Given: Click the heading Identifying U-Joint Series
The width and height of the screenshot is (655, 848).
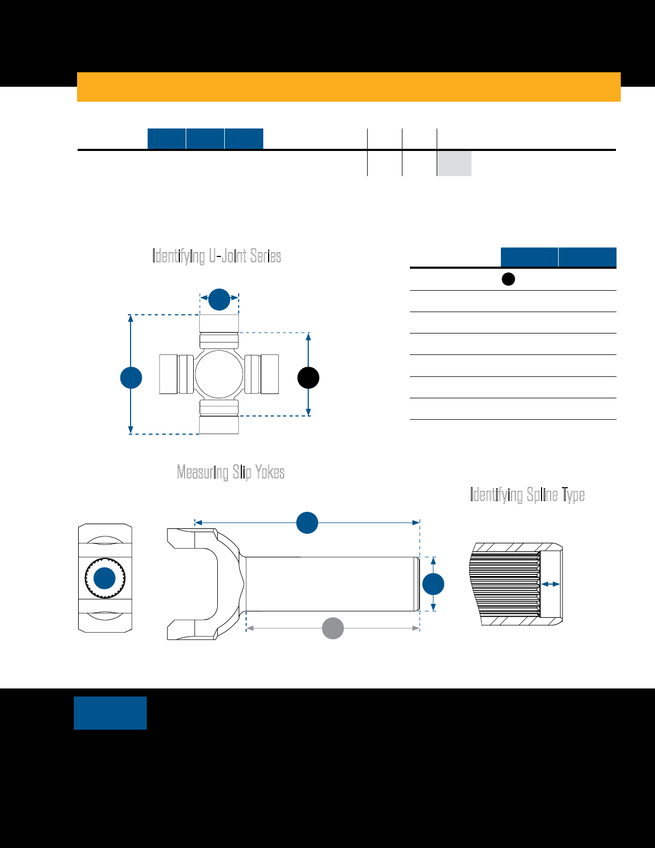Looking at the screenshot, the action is [x=217, y=256].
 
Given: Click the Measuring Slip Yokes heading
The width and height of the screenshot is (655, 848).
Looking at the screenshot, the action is [x=231, y=472].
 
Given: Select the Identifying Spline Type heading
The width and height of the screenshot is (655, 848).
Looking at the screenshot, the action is [x=527, y=494].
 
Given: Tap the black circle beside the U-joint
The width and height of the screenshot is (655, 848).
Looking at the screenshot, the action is [x=308, y=377].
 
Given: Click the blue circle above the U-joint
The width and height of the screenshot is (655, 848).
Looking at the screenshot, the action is [x=219, y=299].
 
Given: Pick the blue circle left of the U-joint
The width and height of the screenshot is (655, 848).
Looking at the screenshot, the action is [x=131, y=377].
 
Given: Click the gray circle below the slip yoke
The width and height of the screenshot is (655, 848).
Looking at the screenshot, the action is [x=333, y=628].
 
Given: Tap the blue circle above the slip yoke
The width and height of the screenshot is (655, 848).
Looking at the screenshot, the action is [x=307, y=523].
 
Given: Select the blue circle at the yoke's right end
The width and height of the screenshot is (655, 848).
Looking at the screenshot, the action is [x=433, y=584].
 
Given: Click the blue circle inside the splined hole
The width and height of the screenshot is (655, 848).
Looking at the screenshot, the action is [x=105, y=578].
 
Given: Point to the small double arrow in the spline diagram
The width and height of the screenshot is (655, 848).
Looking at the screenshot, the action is [x=550, y=584].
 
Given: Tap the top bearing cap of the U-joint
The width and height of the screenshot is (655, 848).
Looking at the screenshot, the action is [x=219, y=323].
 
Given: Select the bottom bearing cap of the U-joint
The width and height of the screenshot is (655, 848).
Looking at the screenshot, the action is [x=219, y=425].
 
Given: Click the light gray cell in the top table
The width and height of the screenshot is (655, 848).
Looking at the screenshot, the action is [x=454, y=163].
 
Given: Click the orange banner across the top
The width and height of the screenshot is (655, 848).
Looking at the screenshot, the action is [x=348, y=87].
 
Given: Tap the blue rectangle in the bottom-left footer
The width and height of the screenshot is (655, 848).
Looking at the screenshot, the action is [x=110, y=713].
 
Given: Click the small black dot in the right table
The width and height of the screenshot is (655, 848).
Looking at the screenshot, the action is [x=508, y=279].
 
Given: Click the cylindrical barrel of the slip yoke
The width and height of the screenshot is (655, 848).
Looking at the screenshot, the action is [x=331, y=584].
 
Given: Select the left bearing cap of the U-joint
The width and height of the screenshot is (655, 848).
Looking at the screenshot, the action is [x=169, y=374].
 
